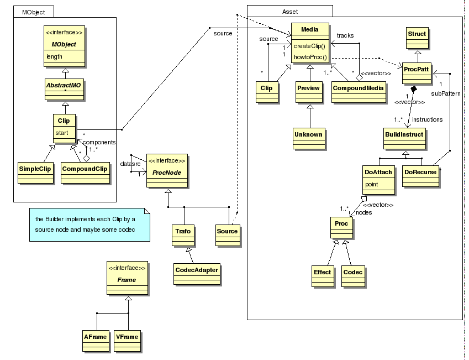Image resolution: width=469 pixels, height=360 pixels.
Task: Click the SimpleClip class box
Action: (35, 169)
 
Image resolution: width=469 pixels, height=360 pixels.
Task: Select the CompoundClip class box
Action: (85, 169)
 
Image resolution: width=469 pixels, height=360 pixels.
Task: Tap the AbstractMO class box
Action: (64, 86)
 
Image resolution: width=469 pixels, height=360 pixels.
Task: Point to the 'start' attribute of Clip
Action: (61, 133)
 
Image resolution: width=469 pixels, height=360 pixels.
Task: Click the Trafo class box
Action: (182, 231)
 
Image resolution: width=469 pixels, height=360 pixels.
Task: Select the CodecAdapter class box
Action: (196, 270)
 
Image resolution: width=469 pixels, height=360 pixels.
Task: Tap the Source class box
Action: (226, 231)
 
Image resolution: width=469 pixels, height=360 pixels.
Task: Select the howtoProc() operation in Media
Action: (308, 56)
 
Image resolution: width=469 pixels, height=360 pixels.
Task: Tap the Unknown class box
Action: (308, 134)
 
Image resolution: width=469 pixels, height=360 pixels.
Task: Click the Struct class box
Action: (417, 34)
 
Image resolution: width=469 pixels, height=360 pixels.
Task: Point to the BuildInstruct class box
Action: (403, 134)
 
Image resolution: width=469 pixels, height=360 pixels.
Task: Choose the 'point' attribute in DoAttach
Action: (372, 184)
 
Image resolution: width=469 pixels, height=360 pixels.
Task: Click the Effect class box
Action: (322, 272)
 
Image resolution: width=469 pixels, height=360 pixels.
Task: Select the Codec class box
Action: (352, 272)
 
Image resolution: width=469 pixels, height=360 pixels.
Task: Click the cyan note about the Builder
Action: (89, 224)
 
